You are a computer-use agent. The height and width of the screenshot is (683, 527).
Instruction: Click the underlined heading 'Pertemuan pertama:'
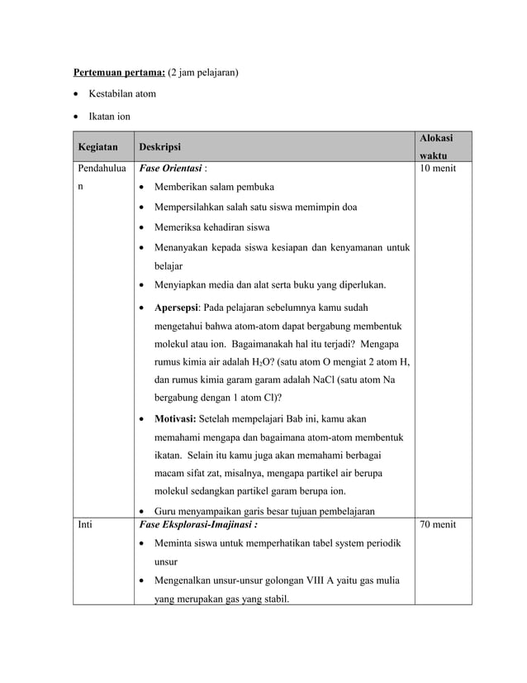pyautogui.click(x=119, y=73)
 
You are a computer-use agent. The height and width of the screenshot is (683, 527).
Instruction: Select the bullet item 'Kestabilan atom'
pyautogui.click(x=122, y=94)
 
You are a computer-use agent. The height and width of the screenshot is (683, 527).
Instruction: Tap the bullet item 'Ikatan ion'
pyautogui.click(x=110, y=117)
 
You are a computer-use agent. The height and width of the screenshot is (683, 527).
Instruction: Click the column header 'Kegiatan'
pyautogui.click(x=97, y=147)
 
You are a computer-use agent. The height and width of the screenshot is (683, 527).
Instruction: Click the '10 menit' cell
pyautogui.click(x=438, y=169)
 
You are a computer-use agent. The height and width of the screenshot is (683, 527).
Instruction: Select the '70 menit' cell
pyautogui.click(x=438, y=524)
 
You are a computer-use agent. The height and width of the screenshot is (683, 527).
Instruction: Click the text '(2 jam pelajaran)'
pyautogui.click(x=203, y=73)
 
